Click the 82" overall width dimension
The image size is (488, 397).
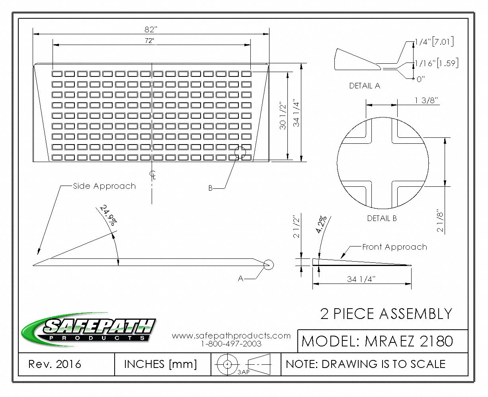pos(151,29)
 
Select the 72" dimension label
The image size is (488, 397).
pos(149,41)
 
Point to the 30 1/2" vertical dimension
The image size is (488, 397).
pos(283,116)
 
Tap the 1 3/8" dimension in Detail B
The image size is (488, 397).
pos(426,100)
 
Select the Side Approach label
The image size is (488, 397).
pos(104,186)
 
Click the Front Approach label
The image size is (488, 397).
pos(394,247)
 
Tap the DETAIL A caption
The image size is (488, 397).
pos(365,86)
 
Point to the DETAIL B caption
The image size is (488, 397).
pos(382,218)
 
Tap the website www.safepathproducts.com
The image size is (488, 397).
pos(231,336)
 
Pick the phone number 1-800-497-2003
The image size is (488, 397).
pos(231,344)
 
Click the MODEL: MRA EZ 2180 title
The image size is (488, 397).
pos(377,341)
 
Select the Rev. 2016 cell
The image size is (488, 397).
pos(55,364)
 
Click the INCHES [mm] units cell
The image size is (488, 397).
pos(160,364)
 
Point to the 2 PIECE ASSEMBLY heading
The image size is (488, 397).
pos(386,314)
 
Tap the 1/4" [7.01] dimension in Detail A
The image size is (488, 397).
pos(434,41)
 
